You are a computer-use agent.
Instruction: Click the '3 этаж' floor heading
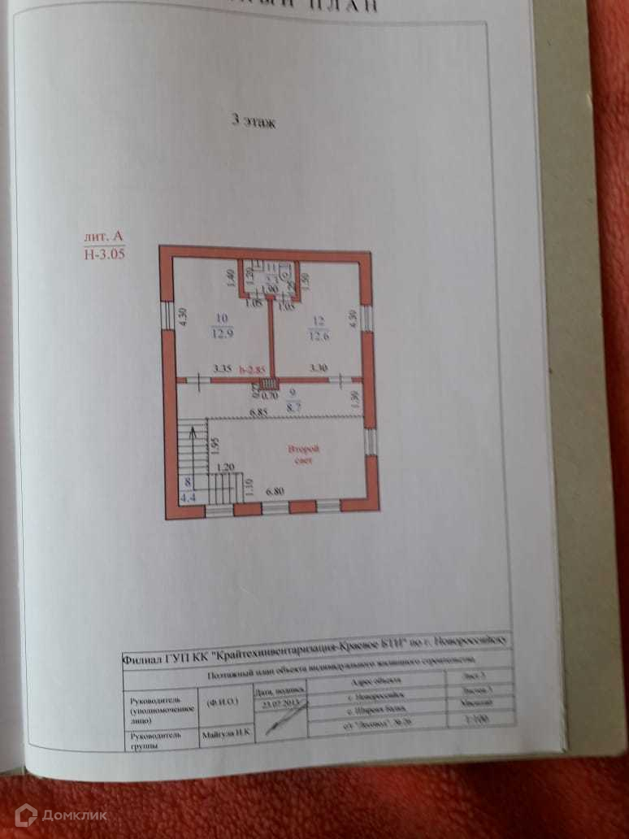coord(254,123)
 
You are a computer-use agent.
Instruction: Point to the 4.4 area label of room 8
coord(186,495)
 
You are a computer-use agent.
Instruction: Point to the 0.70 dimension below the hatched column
coord(270,397)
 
